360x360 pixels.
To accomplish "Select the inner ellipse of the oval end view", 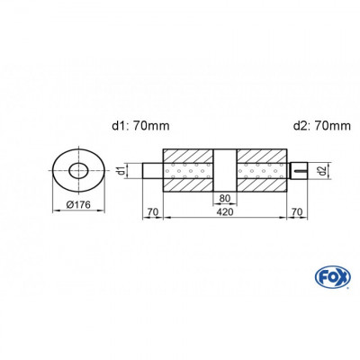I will click(78, 171).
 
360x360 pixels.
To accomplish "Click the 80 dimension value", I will click(224, 200).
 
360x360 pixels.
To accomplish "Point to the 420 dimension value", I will click(224, 214).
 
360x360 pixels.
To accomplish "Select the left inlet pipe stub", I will click(152, 171).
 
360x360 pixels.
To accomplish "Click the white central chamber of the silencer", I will click(224, 171).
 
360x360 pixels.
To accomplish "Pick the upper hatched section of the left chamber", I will click(187, 154).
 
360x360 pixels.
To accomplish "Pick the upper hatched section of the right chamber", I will click(262, 154).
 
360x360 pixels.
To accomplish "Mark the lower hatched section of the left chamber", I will click(187, 187).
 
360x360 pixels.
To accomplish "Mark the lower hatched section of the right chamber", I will click(262, 187).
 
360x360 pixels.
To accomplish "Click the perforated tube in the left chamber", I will click(187, 171).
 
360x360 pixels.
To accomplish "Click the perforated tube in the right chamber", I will click(262, 171).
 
